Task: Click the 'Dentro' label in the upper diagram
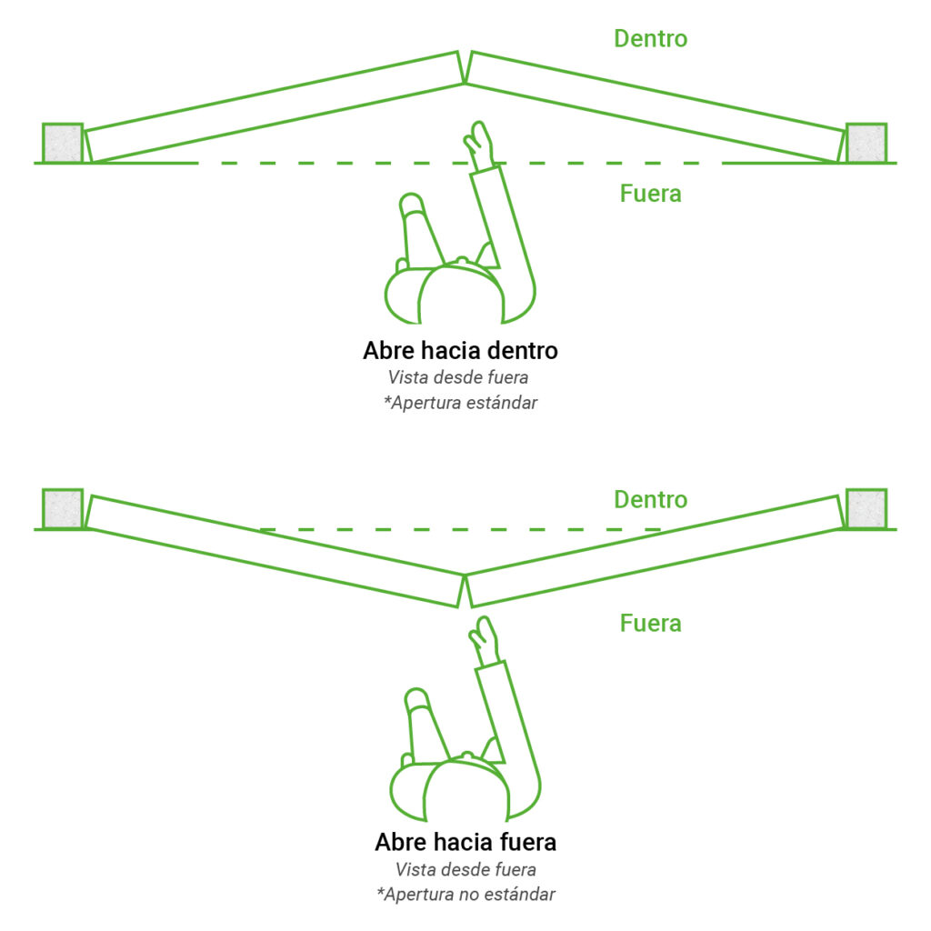651,38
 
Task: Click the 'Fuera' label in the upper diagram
651,194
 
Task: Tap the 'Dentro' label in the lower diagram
651,500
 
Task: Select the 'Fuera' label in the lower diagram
651,624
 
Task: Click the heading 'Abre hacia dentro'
460,350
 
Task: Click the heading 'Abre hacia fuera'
465,842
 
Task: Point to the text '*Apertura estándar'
460,403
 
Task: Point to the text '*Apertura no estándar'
465,895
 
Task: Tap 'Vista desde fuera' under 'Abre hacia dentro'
458,377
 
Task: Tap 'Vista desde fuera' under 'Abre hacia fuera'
465,869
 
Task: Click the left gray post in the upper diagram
63,143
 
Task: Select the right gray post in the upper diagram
866,143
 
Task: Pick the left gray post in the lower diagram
63,509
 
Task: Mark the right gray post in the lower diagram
866,509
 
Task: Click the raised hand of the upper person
479,145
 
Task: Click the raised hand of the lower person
486,641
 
